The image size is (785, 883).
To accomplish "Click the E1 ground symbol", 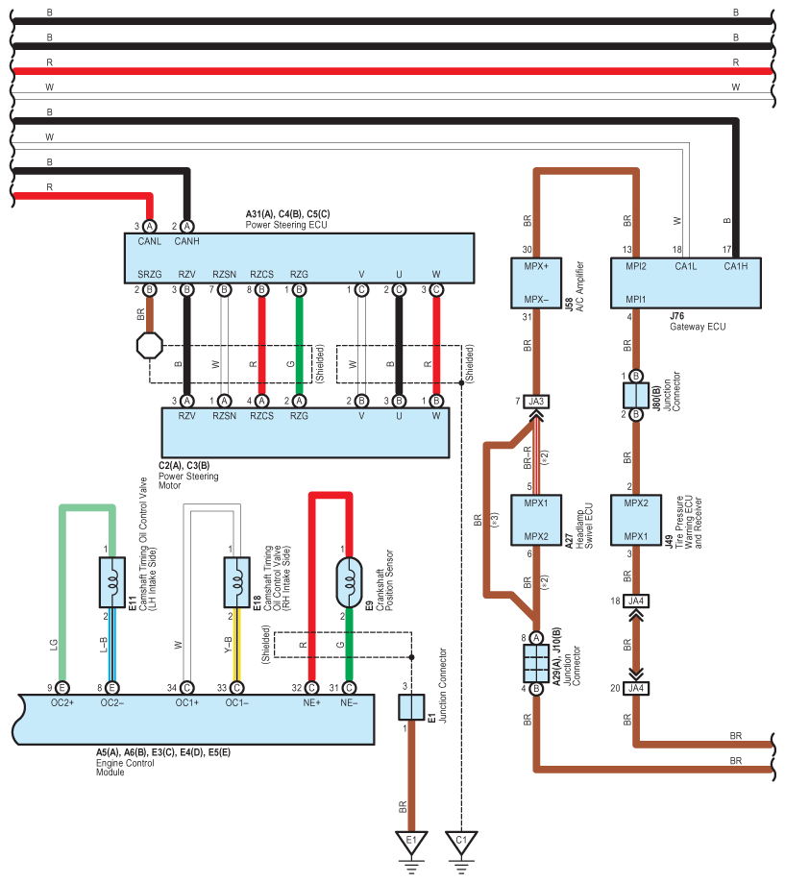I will (411, 843).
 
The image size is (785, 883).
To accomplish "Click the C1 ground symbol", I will (462, 843).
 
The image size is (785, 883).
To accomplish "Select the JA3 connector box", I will (536, 402).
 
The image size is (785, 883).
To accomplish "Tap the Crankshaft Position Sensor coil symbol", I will (349, 579).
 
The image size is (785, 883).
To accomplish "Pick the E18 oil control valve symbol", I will (236, 580).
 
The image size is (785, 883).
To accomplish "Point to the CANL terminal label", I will (149, 242).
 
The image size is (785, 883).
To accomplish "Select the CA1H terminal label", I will (734, 264).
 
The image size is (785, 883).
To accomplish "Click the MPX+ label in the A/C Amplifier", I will (536, 265).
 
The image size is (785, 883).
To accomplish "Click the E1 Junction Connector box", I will (411, 708).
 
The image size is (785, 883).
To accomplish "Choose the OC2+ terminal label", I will (61, 703).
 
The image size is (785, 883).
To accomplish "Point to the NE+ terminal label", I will (310, 703).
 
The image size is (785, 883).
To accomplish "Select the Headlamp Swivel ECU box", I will (536, 519).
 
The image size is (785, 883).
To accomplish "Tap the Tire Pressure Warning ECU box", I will (634, 519).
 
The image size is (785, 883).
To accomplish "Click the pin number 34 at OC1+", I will (172, 687).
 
